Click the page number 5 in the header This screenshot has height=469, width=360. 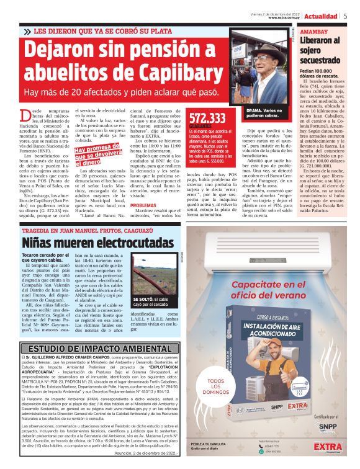(345, 16)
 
